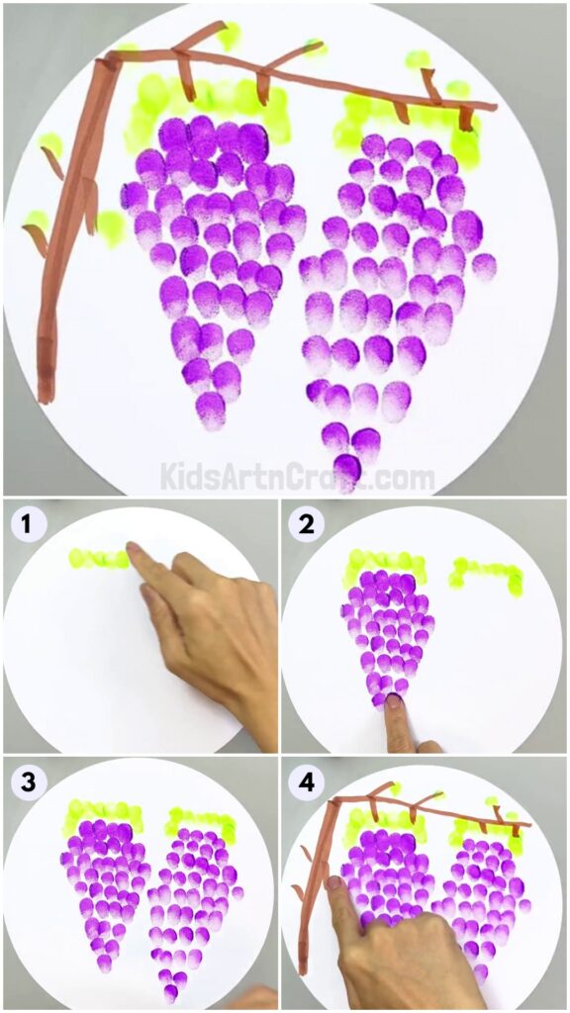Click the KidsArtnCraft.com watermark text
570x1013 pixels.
click(x=297, y=478)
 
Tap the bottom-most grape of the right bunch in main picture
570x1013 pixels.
click(x=346, y=469)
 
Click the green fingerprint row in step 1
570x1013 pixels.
click(x=99, y=559)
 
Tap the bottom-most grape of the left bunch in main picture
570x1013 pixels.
click(x=211, y=410)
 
